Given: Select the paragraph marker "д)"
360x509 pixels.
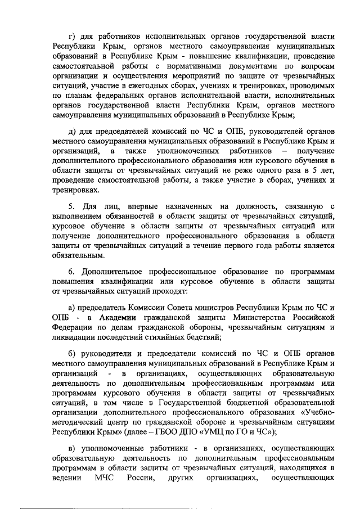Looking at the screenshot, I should tap(71, 132).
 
